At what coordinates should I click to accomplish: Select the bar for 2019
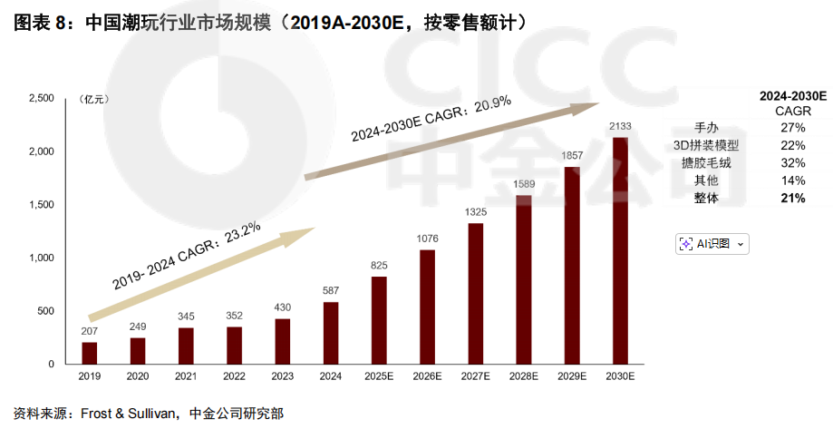pyautogui.click(x=89, y=353)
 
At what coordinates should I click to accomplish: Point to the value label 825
pyautogui.click(x=379, y=266)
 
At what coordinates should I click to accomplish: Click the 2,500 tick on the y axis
pyautogui.click(x=42, y=98)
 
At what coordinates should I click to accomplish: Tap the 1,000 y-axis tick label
pyautogui.click(x=42, y=258)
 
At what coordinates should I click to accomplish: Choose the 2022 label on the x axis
pyautogui.click(x=234, y=375)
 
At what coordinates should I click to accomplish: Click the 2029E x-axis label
pyautogui.click(x=572, y=375)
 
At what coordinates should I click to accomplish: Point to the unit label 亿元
pyautogui.click(x=94, y=98)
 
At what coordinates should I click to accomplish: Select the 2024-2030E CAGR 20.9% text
pyautogui.click(x=431, y=119)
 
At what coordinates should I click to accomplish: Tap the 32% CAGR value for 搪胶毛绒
pyautogui.click(x=792, y=162)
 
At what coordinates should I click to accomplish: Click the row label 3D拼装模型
pyautogui.click(x=706, y=145)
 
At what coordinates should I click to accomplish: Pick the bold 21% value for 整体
pyautogui.click(x=792, y=198)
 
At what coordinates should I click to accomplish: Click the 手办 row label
pyautogui.click(x=706, y=128)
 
